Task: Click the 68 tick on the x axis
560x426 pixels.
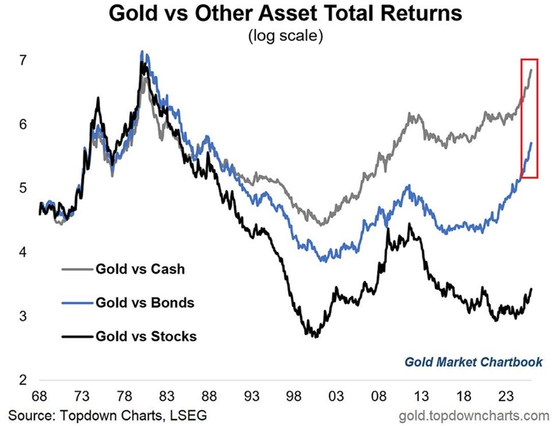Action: (39, 396)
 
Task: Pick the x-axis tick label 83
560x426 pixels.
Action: (167, 396)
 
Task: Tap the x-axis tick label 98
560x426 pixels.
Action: (294, 396)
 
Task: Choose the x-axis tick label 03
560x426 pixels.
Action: (337, 396)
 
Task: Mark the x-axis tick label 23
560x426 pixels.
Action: (507, 396)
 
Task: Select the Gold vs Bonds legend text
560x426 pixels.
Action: (144, 302)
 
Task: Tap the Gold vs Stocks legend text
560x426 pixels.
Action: (146, 336)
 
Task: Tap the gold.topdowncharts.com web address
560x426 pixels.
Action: (473, 415)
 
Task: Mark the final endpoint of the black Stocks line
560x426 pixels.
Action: (531, 289)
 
